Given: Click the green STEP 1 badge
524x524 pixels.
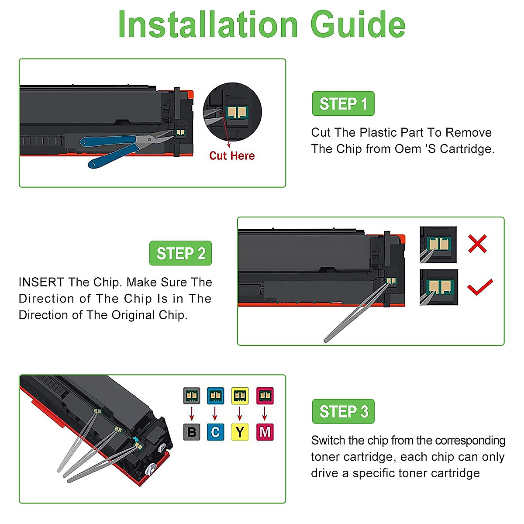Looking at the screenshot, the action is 343,103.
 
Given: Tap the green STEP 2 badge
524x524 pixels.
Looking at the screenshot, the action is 180,253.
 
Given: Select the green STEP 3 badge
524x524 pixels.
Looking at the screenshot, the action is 343,411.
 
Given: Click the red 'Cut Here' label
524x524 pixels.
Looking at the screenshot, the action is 232,156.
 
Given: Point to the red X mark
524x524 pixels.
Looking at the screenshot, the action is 478,243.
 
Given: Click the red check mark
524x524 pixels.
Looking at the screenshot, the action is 480,287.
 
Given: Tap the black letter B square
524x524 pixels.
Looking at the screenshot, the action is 192,432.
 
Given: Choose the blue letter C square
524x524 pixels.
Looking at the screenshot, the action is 215,432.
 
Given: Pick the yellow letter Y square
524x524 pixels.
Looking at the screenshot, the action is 240,432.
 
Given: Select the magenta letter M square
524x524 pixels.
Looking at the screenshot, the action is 265,432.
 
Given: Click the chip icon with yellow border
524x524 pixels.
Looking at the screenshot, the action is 240,396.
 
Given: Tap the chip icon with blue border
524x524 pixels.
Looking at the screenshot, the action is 215,396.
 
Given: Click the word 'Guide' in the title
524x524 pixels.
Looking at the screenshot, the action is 358,25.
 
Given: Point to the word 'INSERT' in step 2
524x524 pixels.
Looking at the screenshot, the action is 41,282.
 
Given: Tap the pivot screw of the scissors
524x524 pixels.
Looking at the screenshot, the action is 149,139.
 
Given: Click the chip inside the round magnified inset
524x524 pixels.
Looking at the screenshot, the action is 237,112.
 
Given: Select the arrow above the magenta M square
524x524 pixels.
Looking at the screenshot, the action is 265,414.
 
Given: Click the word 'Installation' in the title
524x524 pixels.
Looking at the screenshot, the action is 208,25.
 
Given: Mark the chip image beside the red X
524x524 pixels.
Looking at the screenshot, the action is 438,245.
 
